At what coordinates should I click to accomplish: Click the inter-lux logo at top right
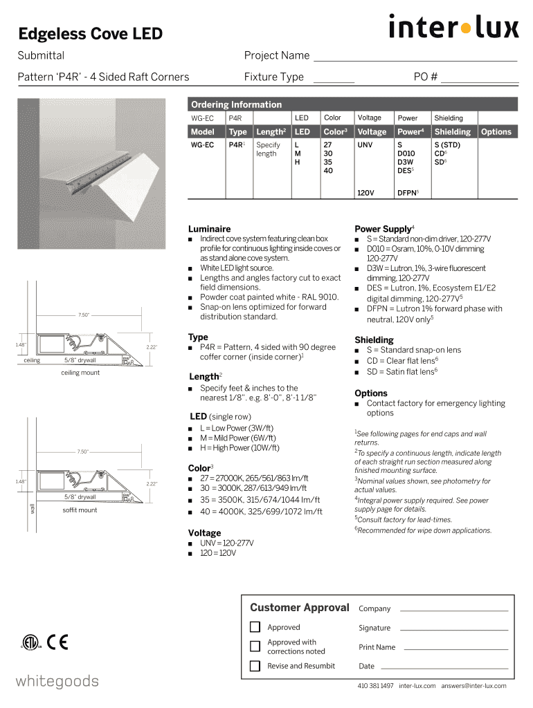(x=453, y=28)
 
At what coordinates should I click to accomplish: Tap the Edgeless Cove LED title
(x=91, y=33)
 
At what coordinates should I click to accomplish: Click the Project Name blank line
(x=415, y=57)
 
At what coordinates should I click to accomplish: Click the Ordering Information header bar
(x=353, y=104)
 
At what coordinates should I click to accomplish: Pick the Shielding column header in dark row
(x=452, y=131)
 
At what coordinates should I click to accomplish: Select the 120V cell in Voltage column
(x=366, y=193)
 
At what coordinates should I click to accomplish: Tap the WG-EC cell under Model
(x=203, y=146)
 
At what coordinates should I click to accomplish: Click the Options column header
(x=496, y=131)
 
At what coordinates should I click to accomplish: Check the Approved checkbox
(x=255, y=628)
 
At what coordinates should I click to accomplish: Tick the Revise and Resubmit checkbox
(x=255, y=667)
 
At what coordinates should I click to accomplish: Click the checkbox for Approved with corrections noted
(x=255, y=646)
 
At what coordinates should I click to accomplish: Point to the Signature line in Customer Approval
(x=454, y=628)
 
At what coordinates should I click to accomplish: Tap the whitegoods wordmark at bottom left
(x=57, y=682)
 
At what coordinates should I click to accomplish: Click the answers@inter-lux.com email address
(x=473, y=686)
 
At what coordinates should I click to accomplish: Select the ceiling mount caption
(x=80, y=373)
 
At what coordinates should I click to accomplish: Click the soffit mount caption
(x=80, y=510)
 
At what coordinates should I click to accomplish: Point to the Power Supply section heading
(x=383, y=229)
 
